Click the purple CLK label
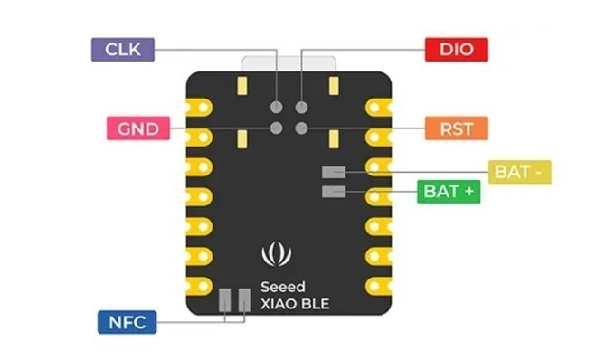click(123, 50)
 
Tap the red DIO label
click(456, 50)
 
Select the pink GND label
click(138, 128)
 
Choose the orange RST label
click(456, 128)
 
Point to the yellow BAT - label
click(520, 172)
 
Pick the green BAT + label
click(449, 192)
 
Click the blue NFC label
click(127, 322)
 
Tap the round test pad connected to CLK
click(277, 108)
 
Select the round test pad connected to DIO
click(301, 108)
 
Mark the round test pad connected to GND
click(277, 128)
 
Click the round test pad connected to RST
click(301, 128)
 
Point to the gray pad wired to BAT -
click(334, 172)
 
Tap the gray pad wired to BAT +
click(334, 192)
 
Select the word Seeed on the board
click(283, 287)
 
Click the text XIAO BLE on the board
click(295, 304)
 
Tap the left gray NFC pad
click(224, 300)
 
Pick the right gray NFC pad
click(244, 300)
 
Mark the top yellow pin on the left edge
click(199, 108)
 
